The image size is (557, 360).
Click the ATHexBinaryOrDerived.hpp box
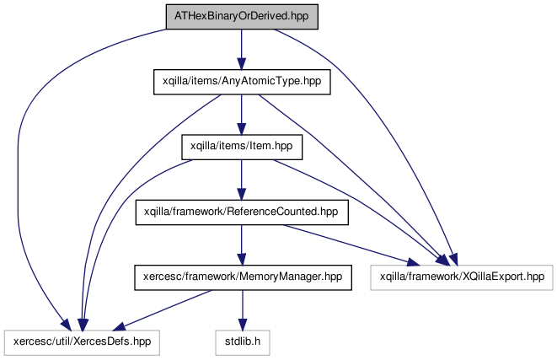pyautogui.click(x=242, y=17)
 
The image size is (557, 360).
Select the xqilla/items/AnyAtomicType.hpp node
pyautogui.click(x=242, y=82)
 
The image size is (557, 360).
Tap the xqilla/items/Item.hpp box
pyautogui.click(x=242, y=147)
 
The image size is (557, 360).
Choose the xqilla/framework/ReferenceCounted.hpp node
pyautogui.click(x=242, y=212)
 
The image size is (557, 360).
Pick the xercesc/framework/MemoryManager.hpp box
pyautogui.click(x=243, y=277)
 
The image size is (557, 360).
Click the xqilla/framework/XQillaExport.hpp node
pyautogui.click(x=462, y=277)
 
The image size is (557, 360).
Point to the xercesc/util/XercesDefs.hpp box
pyautogui.click(x=82, y=342)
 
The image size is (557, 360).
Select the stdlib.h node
pyautogui.click(x=243, y=342)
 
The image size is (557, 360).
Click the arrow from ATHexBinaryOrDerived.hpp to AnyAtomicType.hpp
pyautogui.click(x=242, y=50)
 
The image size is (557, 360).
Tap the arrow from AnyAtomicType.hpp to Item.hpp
pyautogui.click(x=242, y=115)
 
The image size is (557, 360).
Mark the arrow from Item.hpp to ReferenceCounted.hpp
pyautogui.click(x=242, y=180)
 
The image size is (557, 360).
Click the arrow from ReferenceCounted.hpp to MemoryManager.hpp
pyautogui.click(x=242, y=244)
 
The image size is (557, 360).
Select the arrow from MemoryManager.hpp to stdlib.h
pyautogui.click(x=243, y=310)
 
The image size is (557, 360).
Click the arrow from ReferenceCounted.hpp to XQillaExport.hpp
pyautogui.click(x=351, y=244)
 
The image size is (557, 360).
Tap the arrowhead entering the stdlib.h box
pyautogui.click(x=243, y=324)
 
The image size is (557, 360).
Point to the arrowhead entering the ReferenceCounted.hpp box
pyautogui.click(x=242, y=193)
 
